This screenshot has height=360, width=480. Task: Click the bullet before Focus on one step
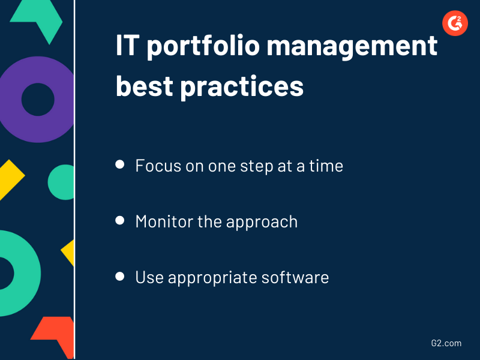120,164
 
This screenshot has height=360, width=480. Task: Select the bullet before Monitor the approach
120,221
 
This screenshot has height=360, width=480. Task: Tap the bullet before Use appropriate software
120,277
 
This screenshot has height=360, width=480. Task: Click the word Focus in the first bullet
155,165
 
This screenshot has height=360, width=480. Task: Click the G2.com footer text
446,343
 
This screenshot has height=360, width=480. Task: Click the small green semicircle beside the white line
62,182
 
